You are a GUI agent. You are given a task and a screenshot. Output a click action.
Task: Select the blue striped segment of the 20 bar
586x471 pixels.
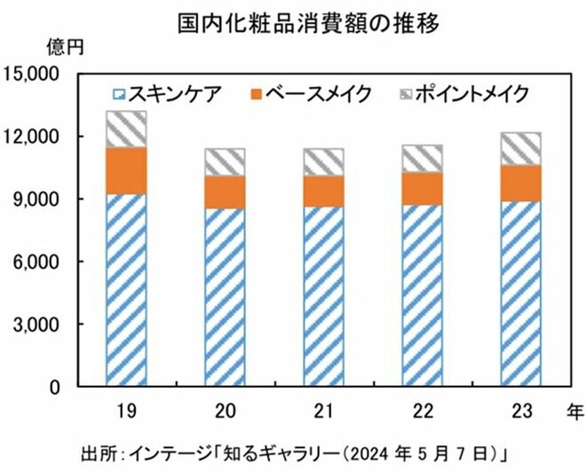(226, 297)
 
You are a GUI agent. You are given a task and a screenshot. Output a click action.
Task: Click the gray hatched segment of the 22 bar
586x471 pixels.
(422, 158)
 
